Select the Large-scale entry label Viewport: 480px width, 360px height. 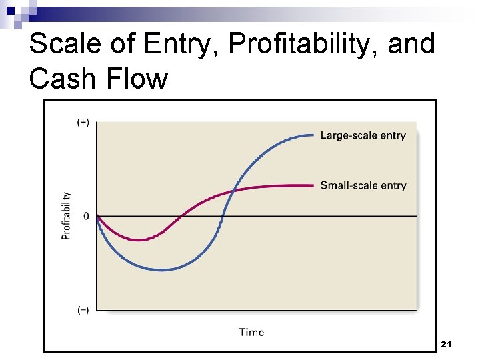click(x=363, y=135)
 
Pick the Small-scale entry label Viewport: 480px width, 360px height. click(x=363, y=185)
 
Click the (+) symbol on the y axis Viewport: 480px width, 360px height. click(x=83, y=123)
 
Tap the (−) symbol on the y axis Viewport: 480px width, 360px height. click(x=83, y=310)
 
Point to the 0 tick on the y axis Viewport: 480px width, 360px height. click(x=86, y=216)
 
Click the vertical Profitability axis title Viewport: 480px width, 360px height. click(x=67, y=216)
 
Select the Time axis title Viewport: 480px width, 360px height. click(x=251, y=332)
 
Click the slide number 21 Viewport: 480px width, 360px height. click(x=447, y=344)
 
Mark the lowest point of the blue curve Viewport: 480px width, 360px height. click(x=162, y=270)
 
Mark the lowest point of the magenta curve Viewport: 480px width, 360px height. click(x=138, y=240)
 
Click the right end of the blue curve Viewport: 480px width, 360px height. click(x=313, y=135)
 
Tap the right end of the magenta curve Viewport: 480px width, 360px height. click(x=313, y=185)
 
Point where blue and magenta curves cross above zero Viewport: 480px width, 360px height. click(x=233, y=191)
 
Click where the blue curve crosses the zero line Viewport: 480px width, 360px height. click(x=222, y=216)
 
